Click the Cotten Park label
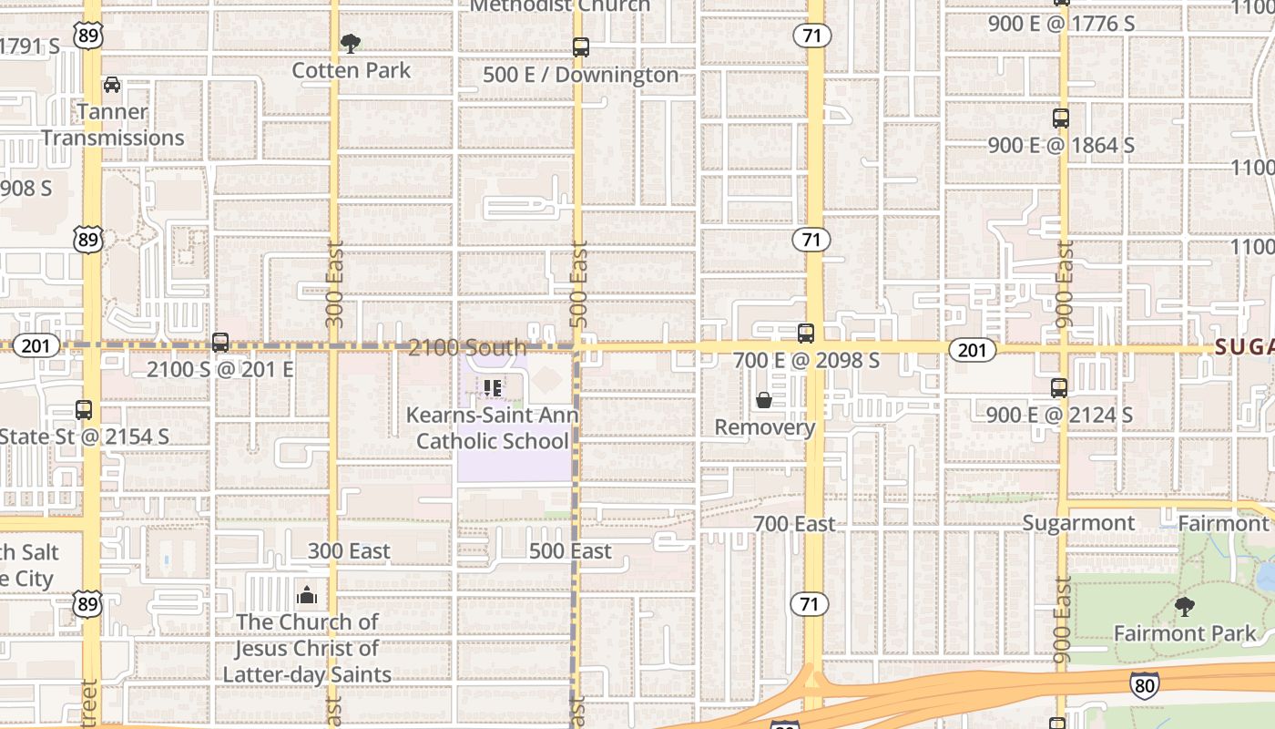[351, 70]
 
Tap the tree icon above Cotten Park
[350, 43]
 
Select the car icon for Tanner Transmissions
[112, 85]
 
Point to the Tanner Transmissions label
[113, 125]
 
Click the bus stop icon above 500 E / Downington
[580, 47]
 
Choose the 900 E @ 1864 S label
[1061, 145]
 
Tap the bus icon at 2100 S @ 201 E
[220, 343]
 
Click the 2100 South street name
[467, 347]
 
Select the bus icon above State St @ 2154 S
[84, 410]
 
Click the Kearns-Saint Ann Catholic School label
[492, 427]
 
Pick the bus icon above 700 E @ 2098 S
[806, 334]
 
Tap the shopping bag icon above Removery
[764, 401]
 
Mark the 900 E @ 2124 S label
[1059, 416]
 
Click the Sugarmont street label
[1078, 523]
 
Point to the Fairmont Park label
[1184, 632]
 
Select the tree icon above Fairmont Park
[1184, 606]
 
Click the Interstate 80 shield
[1145, 684]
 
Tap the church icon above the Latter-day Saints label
[307, 596]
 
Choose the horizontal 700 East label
[794, 524]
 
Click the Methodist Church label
[560, 5]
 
